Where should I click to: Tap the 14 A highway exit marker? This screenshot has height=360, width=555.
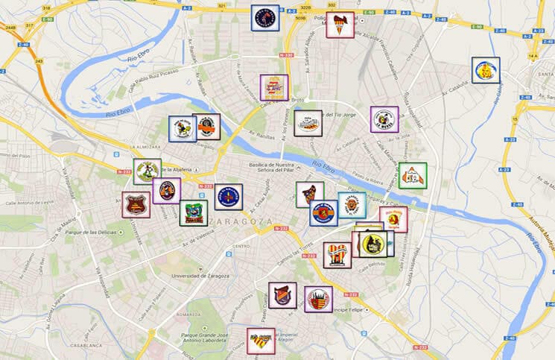coord(532,57)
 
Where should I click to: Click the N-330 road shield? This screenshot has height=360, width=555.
coord(285,54)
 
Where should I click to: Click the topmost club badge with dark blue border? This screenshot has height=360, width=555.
coord(264,18)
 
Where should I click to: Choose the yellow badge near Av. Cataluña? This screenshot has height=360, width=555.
coord(486,71)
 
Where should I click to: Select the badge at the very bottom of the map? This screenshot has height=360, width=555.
coord(261,341)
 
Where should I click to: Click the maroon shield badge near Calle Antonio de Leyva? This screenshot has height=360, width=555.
coord(136,205)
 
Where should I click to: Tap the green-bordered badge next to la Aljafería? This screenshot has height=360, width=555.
coord(147,171)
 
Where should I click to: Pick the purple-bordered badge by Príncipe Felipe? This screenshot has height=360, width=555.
coord(318,299)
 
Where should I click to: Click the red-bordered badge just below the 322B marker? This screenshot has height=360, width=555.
coord(340,25)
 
